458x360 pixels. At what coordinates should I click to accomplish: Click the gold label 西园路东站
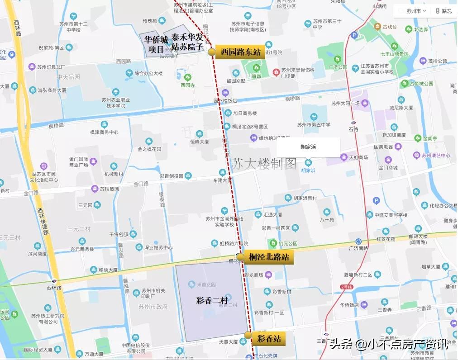[x=240, y=52]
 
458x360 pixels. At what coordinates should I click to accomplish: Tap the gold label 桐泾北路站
[x=268, y=257]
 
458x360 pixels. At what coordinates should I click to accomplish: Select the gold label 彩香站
[x=269, y=337]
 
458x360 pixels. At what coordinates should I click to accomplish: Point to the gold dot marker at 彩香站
[x=248, y=335]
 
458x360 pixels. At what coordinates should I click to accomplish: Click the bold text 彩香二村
[x=211, y=300]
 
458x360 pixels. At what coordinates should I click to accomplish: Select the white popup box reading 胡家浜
[x=308, y=147]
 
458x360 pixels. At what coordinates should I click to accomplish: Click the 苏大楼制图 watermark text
[x=264, y=163]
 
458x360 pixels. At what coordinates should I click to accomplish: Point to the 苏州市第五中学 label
[x=314, y=125]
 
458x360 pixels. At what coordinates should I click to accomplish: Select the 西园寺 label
[x=187, y=85]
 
